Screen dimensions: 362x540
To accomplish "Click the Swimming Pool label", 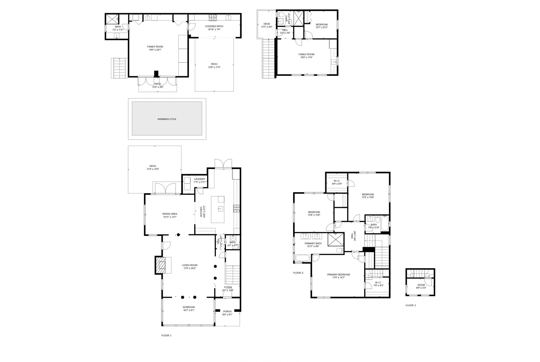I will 167,119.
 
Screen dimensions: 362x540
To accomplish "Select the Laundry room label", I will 199,179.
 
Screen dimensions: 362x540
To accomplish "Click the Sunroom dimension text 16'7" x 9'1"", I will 189,310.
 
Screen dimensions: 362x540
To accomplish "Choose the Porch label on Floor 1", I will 227,311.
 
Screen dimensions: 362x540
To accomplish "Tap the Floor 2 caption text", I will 298,273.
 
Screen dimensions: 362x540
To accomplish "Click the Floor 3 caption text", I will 411,305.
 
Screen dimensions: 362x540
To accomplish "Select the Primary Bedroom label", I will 339,274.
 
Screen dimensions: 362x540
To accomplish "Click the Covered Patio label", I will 214,26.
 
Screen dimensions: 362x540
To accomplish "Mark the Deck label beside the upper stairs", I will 267,24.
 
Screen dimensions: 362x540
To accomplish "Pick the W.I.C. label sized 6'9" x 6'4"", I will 337,181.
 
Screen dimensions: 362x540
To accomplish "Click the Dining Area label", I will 170,214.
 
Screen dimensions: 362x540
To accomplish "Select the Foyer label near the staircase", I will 228,287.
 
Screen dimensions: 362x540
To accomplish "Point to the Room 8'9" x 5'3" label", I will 421,285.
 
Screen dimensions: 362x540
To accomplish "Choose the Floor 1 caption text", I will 166,336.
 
